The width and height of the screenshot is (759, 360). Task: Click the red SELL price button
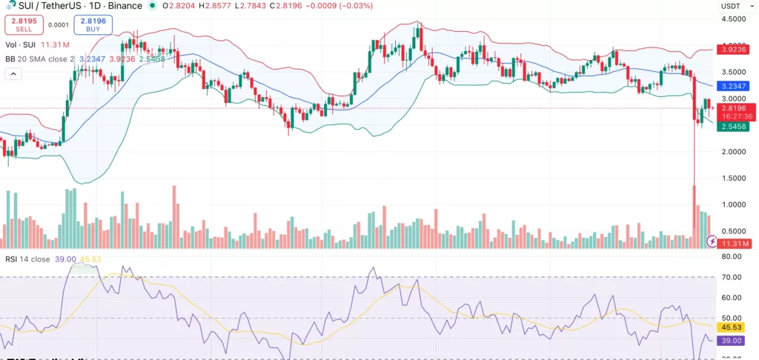tap(24, 24)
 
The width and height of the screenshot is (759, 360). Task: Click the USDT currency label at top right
tap(731, 6)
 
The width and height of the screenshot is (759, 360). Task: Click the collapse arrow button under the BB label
tap(13, 74)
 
